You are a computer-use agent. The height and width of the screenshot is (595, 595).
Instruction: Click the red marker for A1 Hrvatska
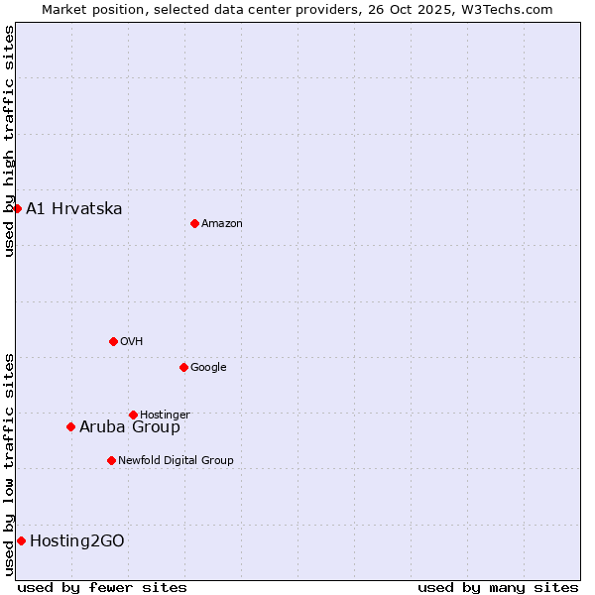[17, 208]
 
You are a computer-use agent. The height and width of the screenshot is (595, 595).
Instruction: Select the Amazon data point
[194, 223]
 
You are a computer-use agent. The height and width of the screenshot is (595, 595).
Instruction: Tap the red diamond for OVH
[113, 341]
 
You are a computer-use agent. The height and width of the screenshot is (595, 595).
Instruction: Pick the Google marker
[183, 367]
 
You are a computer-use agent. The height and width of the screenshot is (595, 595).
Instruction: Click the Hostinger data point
[133, 415]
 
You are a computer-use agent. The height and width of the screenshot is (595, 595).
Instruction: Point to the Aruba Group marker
[70, 427]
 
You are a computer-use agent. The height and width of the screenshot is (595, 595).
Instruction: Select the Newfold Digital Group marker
[111, 460]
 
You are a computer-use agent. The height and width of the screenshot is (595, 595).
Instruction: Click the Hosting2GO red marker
[21, 540]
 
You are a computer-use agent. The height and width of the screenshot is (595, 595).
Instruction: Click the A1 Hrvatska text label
[74, 208]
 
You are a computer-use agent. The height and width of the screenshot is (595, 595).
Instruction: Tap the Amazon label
[222, 224]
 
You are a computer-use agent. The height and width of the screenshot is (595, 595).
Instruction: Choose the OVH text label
[132, 342]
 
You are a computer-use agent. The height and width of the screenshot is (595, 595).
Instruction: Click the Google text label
[208, 368]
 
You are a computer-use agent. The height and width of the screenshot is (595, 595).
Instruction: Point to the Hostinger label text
[165, 416]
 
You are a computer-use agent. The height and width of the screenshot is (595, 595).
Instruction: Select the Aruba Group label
[130, 427]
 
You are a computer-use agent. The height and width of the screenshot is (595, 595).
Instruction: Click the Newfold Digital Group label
[176, 460]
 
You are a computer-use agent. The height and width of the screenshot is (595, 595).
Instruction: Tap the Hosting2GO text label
[77, 540]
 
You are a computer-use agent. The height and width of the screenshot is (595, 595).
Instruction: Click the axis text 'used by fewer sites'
[102, 587]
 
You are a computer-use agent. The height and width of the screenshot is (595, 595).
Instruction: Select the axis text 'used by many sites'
[498, 587]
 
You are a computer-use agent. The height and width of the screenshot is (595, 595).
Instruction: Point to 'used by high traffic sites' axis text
[9, 141]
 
